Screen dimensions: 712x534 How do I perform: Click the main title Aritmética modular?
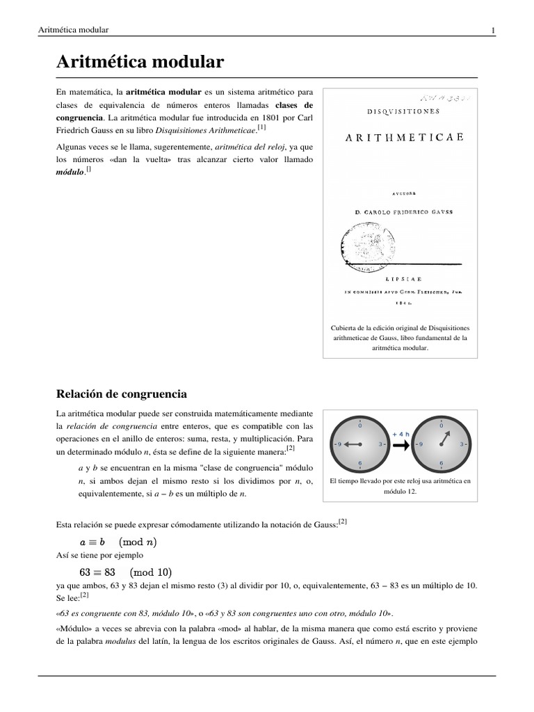pos(140,63)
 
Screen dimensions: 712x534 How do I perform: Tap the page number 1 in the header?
pos(492,30)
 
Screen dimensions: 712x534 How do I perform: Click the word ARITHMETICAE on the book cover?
pos(404,138)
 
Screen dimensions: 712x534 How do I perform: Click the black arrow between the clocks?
pos(401,445)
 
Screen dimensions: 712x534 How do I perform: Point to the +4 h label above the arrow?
pos(401,433)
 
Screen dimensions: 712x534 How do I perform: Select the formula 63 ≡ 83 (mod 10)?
pos(125,573)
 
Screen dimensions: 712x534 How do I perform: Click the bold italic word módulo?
pos(69,172)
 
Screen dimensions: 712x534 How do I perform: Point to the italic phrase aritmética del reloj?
pos(254,147)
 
